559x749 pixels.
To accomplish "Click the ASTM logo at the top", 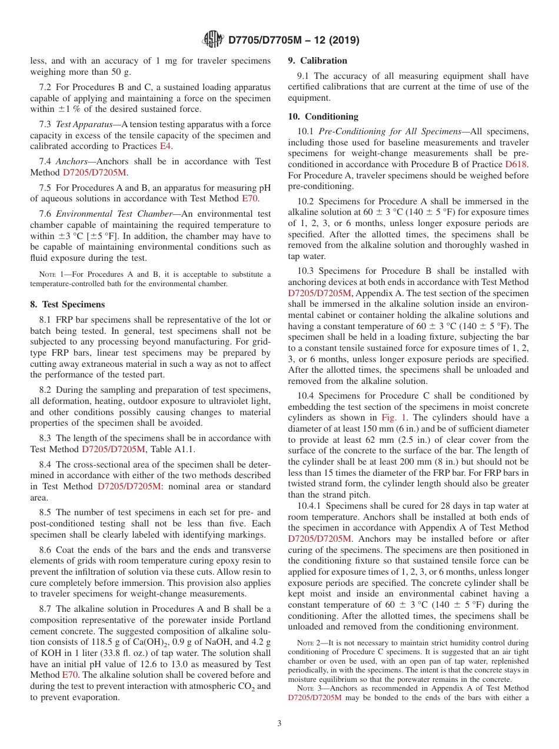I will coord(212,40).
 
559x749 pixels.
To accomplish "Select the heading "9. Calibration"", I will coord(317,61).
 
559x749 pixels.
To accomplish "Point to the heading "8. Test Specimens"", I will coord(67,304).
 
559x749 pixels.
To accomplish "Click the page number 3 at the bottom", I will coord(279,723).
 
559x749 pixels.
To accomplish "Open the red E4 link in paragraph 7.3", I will coord(167,147).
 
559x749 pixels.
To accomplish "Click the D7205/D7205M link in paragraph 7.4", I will coord(94,173).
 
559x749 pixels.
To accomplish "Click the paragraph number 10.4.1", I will coord(310,506).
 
